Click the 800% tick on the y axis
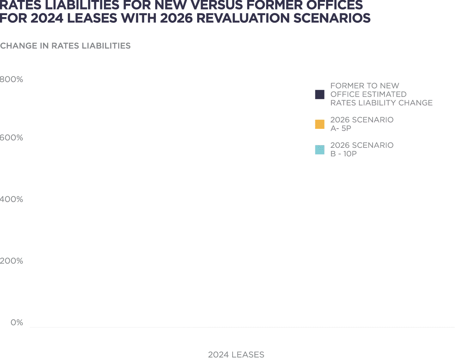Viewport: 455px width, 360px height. [x=11, y=79]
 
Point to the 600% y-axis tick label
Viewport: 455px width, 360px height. [x=11, y=138]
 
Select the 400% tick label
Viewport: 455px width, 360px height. [x=11, y=199]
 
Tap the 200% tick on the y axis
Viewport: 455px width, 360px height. [x=11, y=261]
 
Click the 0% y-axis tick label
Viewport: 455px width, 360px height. [x=17, y=322]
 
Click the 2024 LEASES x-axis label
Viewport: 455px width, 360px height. [x=236, y=355]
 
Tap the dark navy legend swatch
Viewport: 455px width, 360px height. [x=320, y=94]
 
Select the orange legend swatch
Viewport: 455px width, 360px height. [x=320, y=124]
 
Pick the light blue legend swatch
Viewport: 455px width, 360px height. [x=320, y=150]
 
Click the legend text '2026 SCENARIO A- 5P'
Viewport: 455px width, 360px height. [x=362, y=124]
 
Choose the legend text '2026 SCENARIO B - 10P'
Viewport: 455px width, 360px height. [x=362, y=150]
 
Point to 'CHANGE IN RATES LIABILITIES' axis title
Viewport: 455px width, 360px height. [x=65, y=46]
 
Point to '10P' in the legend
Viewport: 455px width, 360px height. [x=350, y=154]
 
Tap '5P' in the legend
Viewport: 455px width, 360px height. [x=346, y=129]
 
